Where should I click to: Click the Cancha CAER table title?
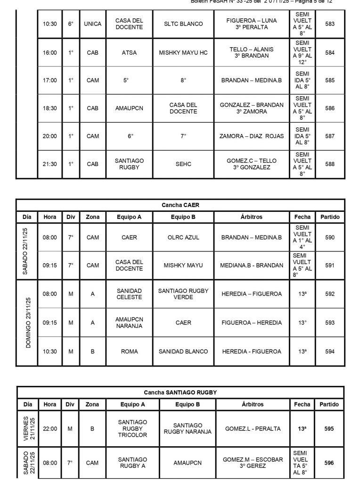click(x=180, y=205)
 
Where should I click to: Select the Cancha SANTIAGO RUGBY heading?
click(x=180, y=392)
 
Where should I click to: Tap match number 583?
click(x=330, y=24)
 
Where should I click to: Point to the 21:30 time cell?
click(x=50, y=164)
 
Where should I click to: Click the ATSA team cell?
click(x=129, y=52)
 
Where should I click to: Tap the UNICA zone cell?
click(x=93, y=24)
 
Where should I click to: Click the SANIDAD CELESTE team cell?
click(x=129, y=294)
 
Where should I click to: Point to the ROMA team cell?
click(x=129, y=351)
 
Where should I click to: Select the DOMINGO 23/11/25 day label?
click(x=27, y=323)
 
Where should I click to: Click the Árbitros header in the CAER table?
click(x=251, y=217)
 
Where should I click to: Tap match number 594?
click(x=330, y=351)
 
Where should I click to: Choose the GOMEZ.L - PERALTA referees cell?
click(x=253, y=429)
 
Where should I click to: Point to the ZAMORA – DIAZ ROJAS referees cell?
click(x=252, y=136)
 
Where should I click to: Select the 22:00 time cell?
click(x=50, y=429)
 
